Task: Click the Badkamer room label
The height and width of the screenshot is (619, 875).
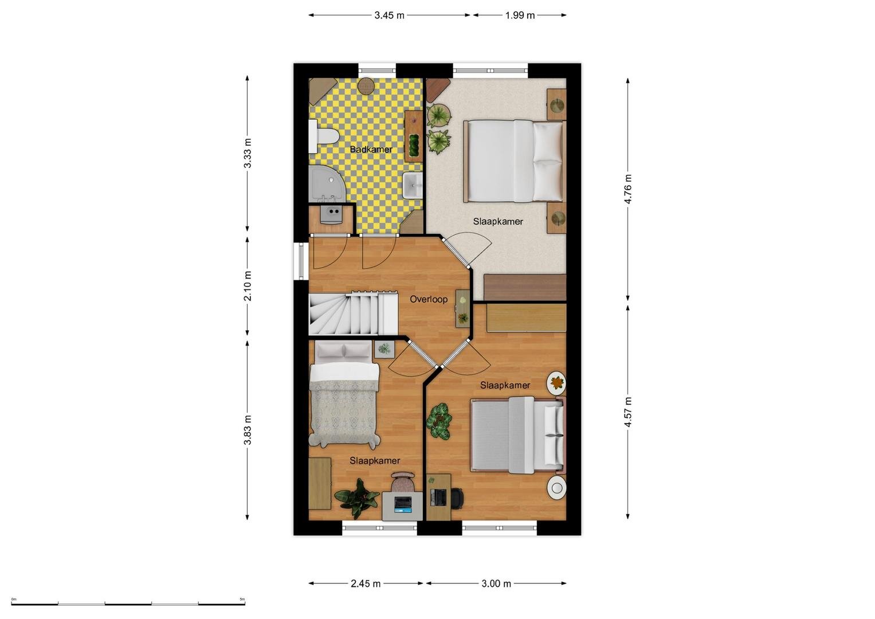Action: [371, 149]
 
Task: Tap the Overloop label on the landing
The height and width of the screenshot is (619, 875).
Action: [429, 299]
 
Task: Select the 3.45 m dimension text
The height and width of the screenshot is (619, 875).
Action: [389, 15]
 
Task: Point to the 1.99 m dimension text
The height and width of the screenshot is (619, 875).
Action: [520, 15]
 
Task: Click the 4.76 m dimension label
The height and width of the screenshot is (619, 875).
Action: [627, 189]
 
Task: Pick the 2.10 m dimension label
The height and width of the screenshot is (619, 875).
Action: [248, 285]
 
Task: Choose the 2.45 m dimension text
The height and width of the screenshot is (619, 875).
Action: [365, 583]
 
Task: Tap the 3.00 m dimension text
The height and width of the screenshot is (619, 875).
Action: [496, 583]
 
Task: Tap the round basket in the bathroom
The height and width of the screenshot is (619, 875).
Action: [367, 85]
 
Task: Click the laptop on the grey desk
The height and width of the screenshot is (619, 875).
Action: [403, 504]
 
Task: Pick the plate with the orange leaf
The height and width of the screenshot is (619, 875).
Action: [556, 382]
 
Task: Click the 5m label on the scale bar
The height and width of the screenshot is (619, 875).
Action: [242, 599]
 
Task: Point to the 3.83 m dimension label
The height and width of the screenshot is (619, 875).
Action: [248, 429]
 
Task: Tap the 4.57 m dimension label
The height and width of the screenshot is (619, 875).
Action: [627, 412]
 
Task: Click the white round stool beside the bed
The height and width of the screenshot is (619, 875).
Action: [556, 488]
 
